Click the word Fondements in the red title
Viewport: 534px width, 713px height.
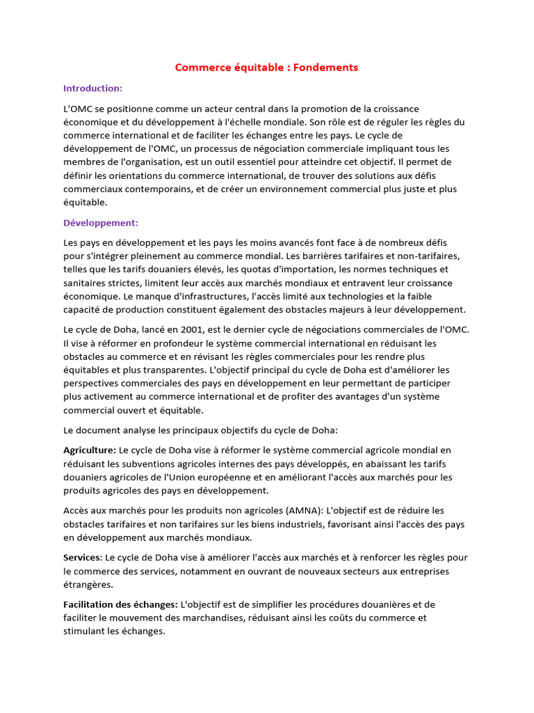coord(326,68)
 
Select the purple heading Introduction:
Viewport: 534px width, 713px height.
coord(92,88)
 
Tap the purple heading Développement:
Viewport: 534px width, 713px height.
coord(101,223)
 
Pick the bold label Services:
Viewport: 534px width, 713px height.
coord(83,558)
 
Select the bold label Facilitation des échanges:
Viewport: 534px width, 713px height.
coord(120,604)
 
